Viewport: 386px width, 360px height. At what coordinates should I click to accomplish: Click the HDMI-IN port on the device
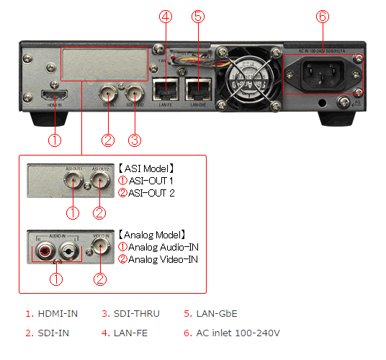55,96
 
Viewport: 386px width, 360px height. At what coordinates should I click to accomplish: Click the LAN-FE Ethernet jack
166,89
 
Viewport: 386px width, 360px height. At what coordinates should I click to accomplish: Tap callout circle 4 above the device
166,15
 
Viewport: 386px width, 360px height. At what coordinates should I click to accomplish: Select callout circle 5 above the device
199,15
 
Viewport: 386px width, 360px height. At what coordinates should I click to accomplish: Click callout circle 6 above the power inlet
323,15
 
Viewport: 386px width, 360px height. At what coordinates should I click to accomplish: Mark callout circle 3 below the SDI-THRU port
135,139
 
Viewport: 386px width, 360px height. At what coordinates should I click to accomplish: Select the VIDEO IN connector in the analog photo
100,248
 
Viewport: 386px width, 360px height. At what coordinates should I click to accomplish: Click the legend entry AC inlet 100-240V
232,333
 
